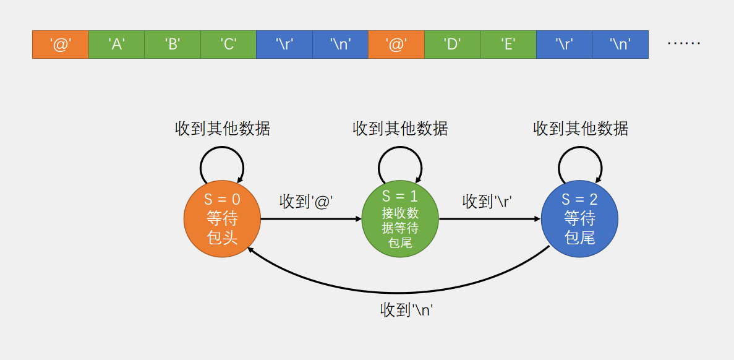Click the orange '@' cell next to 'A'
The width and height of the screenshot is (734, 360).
coord(61,45)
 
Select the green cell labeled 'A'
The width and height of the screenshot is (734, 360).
coord(116,45)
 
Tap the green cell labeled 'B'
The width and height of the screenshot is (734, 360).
coord(173,45)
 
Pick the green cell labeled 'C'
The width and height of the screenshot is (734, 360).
coord(228,45)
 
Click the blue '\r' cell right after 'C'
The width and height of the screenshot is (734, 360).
coord(284,45)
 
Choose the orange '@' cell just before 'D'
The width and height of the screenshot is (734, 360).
coord(396,45)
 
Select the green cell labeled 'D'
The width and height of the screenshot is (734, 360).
coord(452,45)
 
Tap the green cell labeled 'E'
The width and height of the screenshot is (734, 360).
coord(508,45)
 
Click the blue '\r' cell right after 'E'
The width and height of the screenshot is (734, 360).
coord(564,45)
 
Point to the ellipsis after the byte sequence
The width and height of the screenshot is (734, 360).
coord(685,44)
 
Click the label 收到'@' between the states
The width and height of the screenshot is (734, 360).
coord(307,202)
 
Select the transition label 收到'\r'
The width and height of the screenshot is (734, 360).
coord(487,202)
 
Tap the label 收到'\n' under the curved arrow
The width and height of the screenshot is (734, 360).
coord(406,309)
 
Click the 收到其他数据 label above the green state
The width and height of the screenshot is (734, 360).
coord(400,129)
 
